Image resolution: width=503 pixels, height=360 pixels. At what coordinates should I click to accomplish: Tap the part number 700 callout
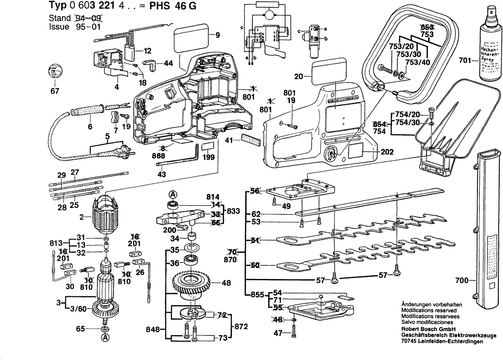(462, 281)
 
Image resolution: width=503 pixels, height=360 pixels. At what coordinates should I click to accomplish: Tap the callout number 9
(217, 35)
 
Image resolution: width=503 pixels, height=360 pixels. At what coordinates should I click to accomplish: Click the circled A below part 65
(104, 338)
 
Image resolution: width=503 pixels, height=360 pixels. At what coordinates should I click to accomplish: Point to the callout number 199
(207, 158)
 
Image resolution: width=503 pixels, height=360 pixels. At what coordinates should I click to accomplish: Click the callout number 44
(168, 63)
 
